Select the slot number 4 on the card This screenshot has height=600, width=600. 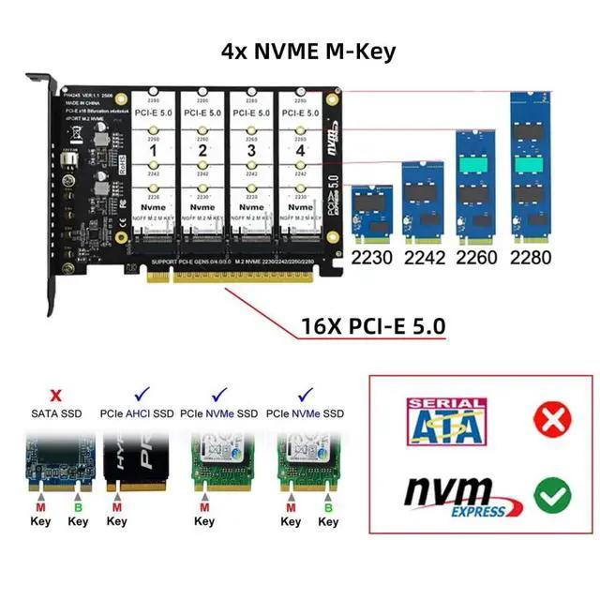point(299,149)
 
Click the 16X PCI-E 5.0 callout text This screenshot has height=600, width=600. point(373,326)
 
